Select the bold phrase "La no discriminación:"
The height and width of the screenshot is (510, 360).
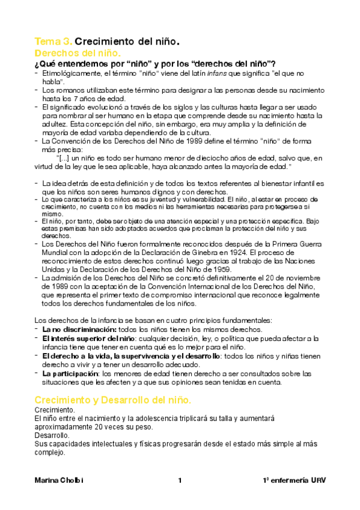[x=79, y=330]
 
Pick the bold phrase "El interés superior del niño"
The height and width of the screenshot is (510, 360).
[x=89, y=339]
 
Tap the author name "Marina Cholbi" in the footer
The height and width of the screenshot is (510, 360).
[x=58, y=481]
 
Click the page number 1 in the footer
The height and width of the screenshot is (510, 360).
[x=180, y=481]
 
